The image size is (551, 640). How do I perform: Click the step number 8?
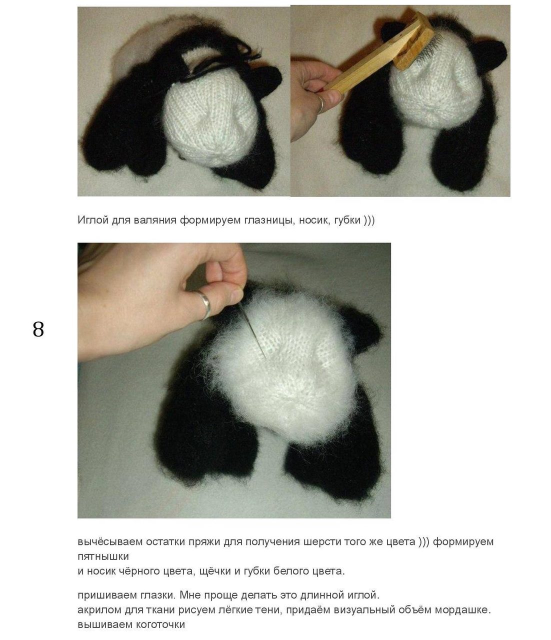pos(38,329)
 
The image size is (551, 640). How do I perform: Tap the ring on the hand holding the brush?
pos(320,104)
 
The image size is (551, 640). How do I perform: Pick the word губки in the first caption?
pos(347,220)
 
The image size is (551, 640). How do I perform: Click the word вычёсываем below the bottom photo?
pos(110,541)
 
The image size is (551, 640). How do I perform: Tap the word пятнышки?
pos(103,556)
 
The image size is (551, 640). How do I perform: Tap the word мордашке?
pos(463,610)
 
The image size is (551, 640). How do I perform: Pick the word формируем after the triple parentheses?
pos(463,542)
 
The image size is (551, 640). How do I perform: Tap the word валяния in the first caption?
pos(155,220)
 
